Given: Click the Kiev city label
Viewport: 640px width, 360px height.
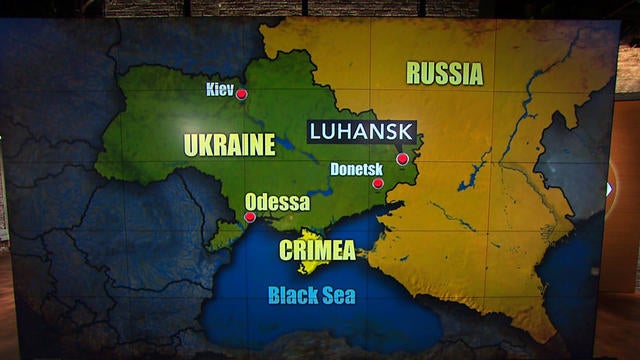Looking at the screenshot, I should point(220,89).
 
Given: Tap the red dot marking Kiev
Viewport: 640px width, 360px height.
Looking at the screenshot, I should point(241,94).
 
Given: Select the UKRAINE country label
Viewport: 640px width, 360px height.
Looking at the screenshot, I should point(229,145).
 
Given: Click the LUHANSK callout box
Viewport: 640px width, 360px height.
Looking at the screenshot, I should point(362,131).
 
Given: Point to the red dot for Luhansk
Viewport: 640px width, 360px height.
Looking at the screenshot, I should point(402,158).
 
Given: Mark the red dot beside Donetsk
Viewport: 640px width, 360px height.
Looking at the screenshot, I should point(378,183).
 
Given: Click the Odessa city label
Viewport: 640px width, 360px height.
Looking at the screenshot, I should point(277,202).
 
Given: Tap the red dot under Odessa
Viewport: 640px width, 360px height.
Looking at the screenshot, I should point(250,216).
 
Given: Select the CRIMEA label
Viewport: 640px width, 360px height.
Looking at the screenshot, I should point(318,250).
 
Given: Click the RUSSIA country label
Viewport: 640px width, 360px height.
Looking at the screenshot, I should point(444,73).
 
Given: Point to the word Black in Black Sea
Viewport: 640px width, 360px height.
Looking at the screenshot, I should point(292,295).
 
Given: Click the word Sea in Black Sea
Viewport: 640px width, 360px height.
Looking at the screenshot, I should point(338,295).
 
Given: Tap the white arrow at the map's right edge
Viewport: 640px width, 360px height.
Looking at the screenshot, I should point(609,188).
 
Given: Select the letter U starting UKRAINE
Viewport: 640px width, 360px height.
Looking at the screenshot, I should point(191,145).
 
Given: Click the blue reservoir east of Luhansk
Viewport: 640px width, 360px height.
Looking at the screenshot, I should point(470,180).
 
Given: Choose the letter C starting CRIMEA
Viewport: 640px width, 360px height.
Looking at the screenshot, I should point(286,250).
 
